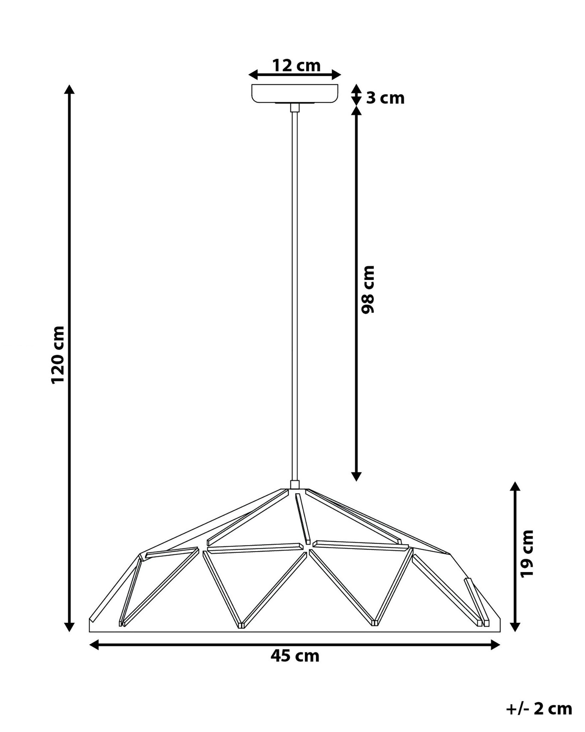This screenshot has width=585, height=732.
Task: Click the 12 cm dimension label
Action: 296,66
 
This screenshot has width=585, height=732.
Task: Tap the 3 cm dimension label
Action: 385,98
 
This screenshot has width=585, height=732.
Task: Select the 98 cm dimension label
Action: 368,289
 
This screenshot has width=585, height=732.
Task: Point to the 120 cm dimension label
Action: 58,355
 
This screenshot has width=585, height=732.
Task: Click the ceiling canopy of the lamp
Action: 295,93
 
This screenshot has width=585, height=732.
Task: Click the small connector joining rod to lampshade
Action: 295,484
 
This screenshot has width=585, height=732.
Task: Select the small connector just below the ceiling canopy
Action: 295,108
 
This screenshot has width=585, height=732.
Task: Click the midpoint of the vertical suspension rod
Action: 295,295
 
